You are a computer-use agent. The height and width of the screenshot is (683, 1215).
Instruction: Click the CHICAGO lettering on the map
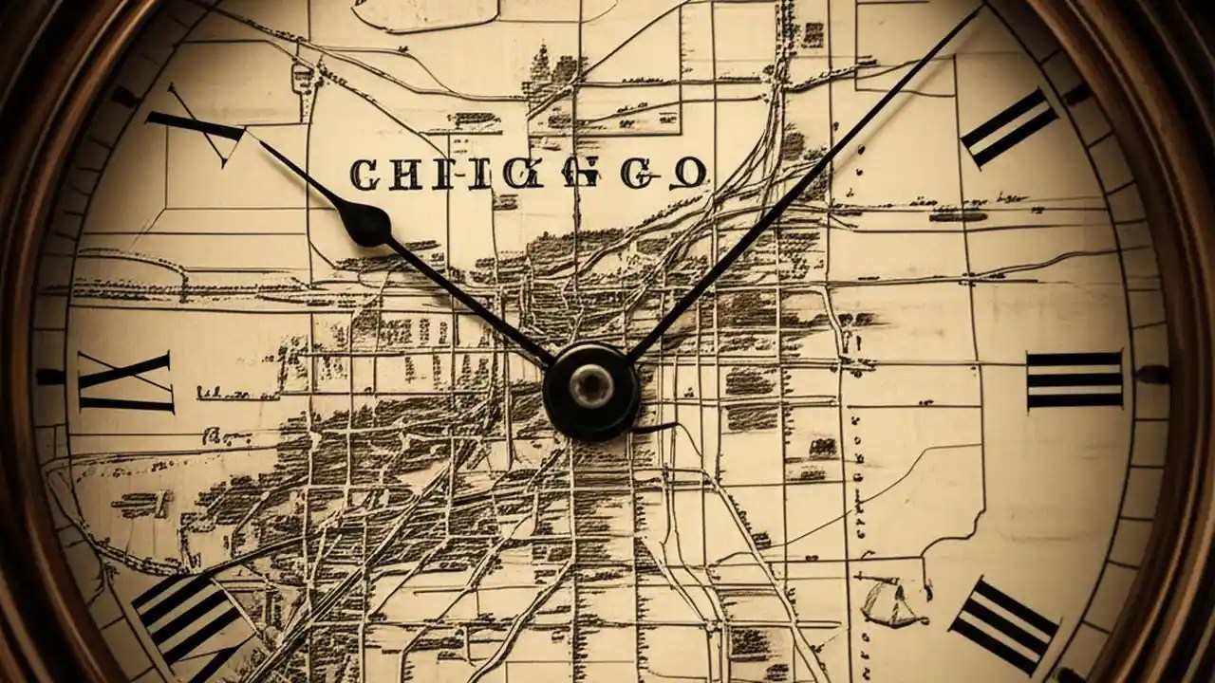pos(528,174)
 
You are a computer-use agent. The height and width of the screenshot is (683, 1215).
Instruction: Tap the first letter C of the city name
pos(364,174)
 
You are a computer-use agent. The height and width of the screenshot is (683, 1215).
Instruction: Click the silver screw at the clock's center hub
pos(590,385)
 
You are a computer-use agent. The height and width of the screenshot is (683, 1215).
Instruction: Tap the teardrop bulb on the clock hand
pos(364,224)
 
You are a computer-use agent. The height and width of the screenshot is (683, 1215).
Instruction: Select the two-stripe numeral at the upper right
pos(1009,127)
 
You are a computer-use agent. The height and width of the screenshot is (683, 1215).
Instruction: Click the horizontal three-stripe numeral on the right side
pos(1075,379)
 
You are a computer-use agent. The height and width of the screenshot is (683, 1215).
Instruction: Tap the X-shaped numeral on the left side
pos(126,381)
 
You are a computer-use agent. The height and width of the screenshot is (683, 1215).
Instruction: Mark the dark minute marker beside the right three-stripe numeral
pos(1152,375)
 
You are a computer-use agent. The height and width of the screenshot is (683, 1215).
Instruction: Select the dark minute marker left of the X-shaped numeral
pos(50,377)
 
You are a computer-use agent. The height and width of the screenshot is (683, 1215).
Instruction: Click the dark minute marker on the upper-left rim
pos(123,96)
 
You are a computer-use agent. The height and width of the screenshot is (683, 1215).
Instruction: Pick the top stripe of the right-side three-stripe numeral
pos(1075,359)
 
